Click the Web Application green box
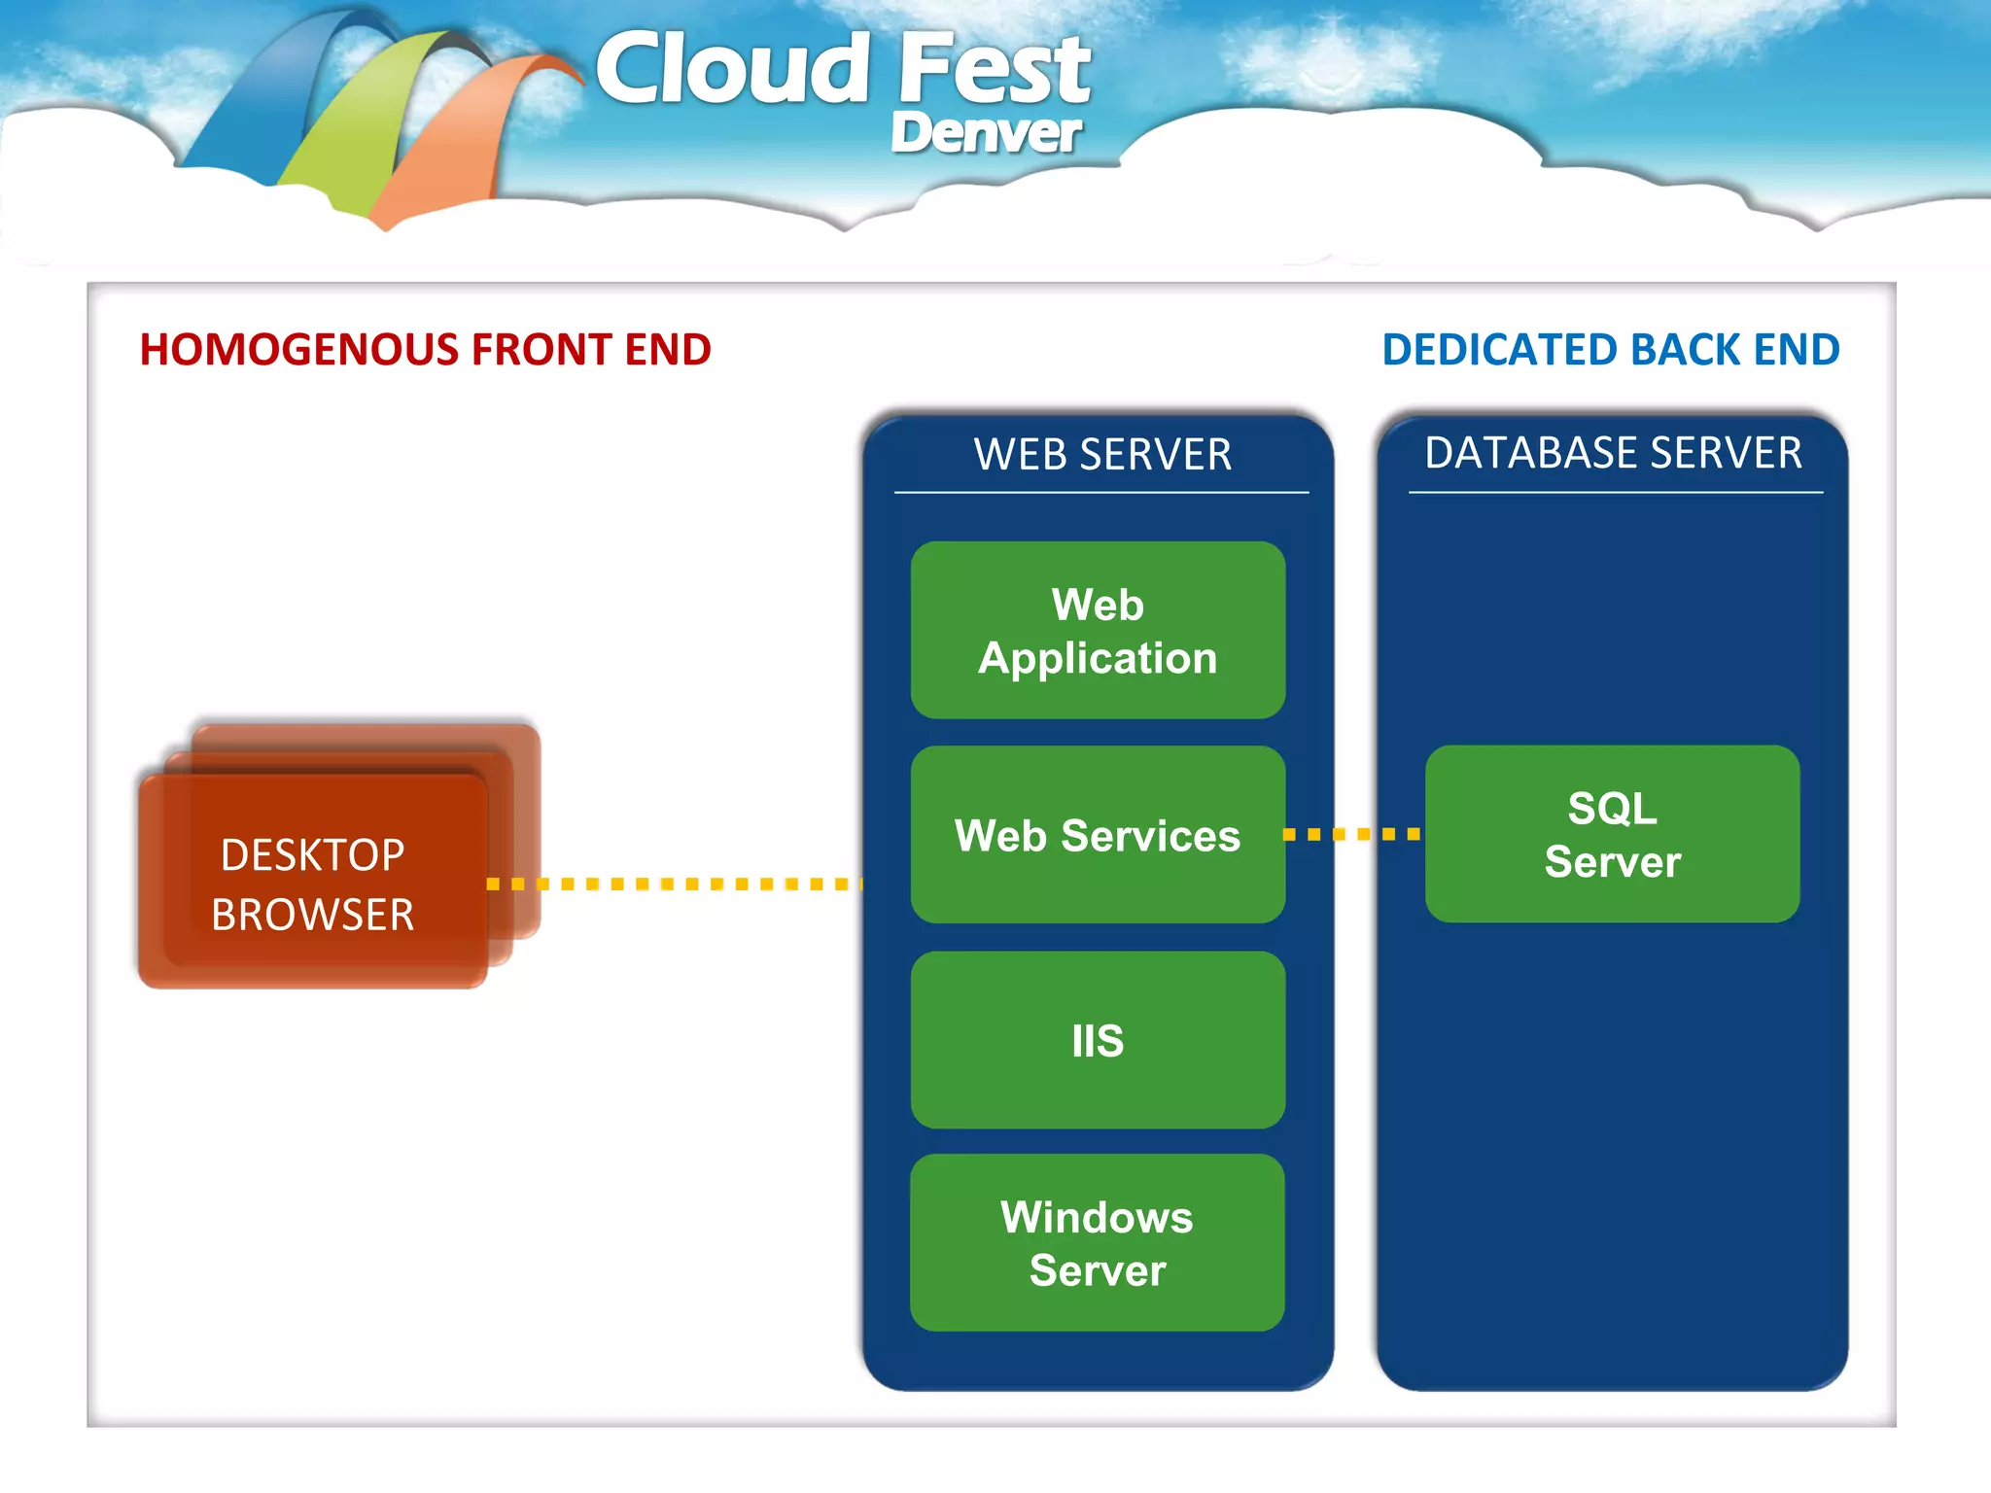click(x=1098, y=630)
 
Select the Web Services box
click(x=1098, y=835)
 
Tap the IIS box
click(x=1098, y=1040)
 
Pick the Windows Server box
click(x=1098, y=1243)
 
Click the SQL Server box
click(x=1612, y=834)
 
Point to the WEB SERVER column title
click(x=1102, y=455)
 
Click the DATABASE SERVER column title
click(x=1613, y=453)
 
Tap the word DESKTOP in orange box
click(x=312, y=855)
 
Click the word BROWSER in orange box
click(x=312, y=915)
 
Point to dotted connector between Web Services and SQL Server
click(x=1352, y=834)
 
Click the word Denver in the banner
click(x=985, y=133)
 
